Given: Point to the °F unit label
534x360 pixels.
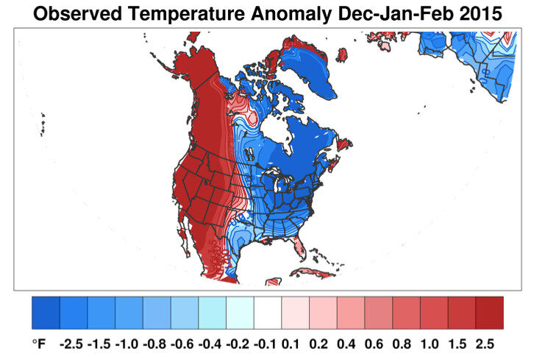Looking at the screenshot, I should coord(38,343).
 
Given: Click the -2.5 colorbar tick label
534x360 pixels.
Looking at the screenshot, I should coord(73,343).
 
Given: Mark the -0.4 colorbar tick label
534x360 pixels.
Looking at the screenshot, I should coord(212,343).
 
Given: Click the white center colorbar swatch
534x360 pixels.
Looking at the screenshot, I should coord(268,313).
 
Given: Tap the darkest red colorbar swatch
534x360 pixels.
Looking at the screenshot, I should coord(489,313).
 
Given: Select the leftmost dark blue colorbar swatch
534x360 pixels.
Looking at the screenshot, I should coord(46,313).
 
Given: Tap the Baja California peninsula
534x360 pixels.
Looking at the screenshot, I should coord(188,244).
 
